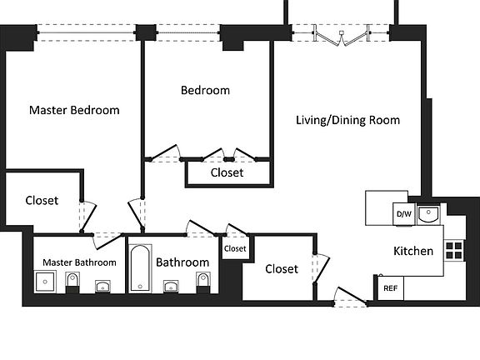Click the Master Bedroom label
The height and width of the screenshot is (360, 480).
[74, 110]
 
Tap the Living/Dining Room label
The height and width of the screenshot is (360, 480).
[347, 120]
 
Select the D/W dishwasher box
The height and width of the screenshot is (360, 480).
[404, 214]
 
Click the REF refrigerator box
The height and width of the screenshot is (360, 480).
[391, 288]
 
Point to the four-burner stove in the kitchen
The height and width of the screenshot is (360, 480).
[454, 250]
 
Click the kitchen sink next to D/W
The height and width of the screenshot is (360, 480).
[428, 214]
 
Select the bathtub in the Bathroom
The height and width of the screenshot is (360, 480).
[140, 268]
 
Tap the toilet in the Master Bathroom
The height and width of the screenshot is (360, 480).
[72, 282]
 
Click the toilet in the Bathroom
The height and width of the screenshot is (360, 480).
[203, 282]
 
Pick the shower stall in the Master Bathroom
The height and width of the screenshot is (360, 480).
[45, 282]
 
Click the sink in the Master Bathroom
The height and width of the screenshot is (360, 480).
[102, 287]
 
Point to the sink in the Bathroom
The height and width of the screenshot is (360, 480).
[171, 287]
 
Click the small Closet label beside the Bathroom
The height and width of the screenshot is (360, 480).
[235, 248]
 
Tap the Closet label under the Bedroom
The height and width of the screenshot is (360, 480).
[227, 172]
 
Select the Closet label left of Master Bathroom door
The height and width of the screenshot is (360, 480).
[42, 201]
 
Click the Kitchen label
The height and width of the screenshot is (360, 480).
[413, 251]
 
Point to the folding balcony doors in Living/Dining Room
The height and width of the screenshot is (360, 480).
[342, 36]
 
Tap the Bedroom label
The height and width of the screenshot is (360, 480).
[205, 90]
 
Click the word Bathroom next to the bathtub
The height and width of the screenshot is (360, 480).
[182, 262]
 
